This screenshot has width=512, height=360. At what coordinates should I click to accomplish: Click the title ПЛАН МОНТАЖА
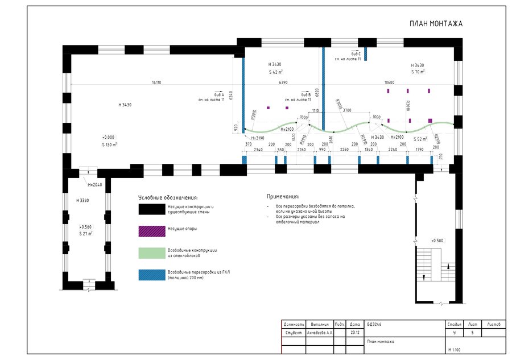[436, 24]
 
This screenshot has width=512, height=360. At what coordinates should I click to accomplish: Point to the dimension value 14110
[156, 82]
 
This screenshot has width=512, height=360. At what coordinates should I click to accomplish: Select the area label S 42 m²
[276, 73]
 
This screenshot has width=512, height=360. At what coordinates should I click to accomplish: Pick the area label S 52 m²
[421, 139]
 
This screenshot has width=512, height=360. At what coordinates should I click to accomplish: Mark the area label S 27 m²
[86, 233]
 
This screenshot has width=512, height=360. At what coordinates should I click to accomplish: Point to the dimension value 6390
[283, 82]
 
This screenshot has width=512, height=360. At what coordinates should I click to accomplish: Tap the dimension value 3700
[347, 110]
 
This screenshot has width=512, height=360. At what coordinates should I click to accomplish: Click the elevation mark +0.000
[108, 137]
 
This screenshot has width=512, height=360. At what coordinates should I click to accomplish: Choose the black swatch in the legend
[151, 209]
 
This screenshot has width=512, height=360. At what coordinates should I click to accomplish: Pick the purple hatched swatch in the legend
[151, 230]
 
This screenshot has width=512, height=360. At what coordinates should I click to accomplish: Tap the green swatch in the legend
[151, 252]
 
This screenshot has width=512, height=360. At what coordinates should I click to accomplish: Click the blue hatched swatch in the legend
[151, 274]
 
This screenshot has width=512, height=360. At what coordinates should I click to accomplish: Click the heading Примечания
[283, 196]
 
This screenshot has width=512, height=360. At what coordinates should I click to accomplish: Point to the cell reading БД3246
[375, 324]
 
